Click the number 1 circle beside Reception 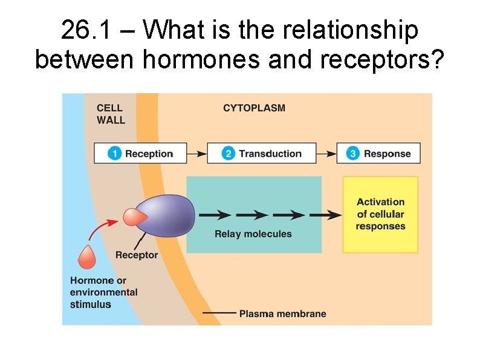click(x=115, y=154)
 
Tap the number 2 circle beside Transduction click(x=229, y=154)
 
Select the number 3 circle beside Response click(x=353, y=154)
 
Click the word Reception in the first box click(x=149, y=154)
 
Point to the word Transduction click(x=270, y=154)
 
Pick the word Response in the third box click(x=387, y=154)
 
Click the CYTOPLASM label click(x=254, y=108)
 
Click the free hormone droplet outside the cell click(x=86, y=258)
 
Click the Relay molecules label click(x=253, y=234)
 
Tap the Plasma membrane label click(x=282, y=313)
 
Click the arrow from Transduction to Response click(x=326, y=154)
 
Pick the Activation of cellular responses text click(x=380, y=214)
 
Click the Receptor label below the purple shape click(x=137, y=255)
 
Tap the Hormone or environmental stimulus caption click(x=103, y=292)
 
